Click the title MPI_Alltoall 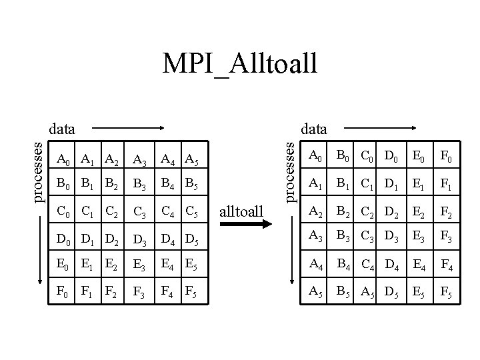click(240, 64)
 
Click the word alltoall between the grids click(241, 213)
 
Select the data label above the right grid click(314, 126)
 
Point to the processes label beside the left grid click(39, 169)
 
